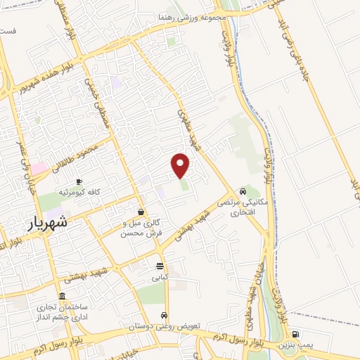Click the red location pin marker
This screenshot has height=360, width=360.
tap(181, 165)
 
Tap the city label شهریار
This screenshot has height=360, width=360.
tap(49, 221)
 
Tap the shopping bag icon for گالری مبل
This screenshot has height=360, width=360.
tap(142, 212)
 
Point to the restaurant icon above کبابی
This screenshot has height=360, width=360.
tap(160, 266)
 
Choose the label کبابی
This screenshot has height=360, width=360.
tap(161, 277)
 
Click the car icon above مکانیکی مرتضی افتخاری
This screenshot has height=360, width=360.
tap(243, 191)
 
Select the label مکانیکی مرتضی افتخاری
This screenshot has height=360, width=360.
tap(243, 207)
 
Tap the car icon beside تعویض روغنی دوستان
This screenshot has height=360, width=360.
tap(164, 315)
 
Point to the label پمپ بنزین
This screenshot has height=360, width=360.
tap(295, 346)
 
